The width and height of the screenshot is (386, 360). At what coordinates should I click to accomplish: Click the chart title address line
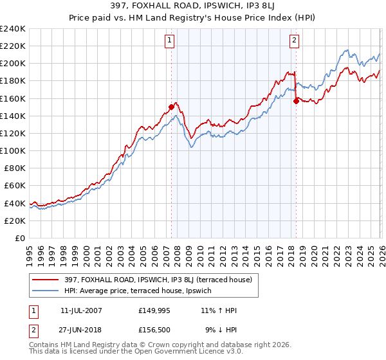tap(193, 7)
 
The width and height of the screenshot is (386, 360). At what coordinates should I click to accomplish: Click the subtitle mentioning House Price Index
tap(193, 19)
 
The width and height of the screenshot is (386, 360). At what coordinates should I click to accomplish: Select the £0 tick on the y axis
tap(19, 238)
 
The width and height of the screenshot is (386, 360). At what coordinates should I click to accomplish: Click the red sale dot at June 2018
tap(296, 101)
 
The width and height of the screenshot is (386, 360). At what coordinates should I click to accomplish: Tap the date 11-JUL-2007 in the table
tap(81, 310)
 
